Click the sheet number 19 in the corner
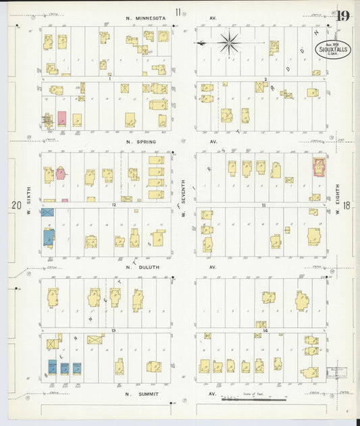[x=342, y=15]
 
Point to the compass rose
[x=230, y=43]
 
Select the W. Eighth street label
[x=337, y=203]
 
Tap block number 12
[x=114, y=203]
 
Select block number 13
[x=114, y=329]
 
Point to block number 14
[x=265, y=330]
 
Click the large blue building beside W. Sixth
[x=47, y=236]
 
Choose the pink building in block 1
[x=61, y=119]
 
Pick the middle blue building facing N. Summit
[x=65, y=369]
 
